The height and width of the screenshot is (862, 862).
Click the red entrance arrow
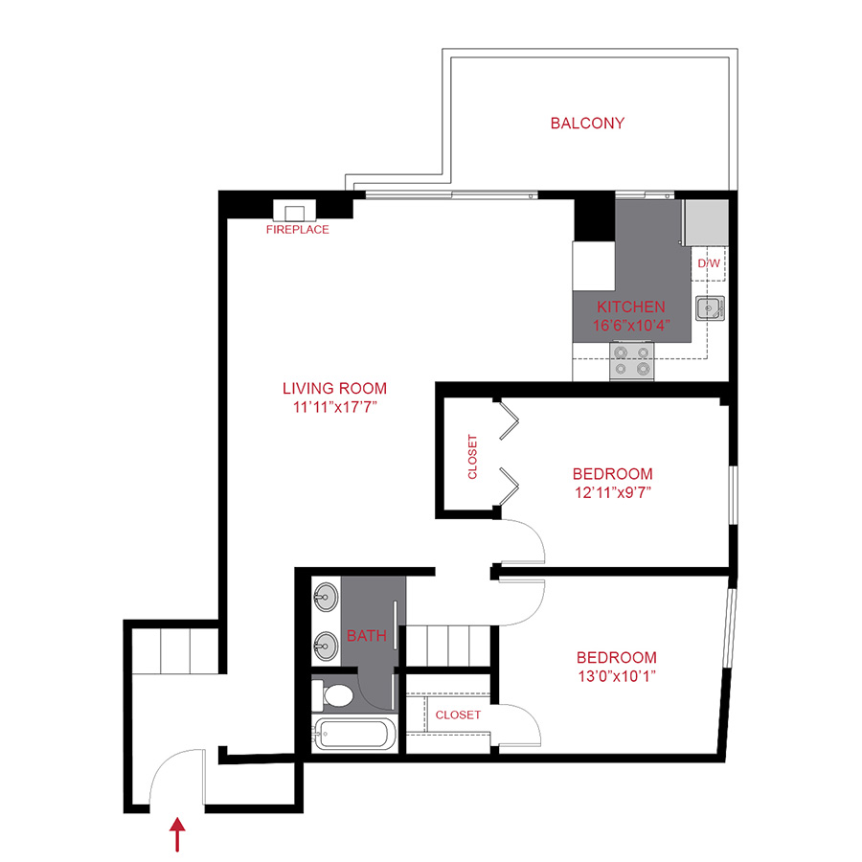[177, 835]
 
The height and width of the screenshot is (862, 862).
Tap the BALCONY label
[587, 124]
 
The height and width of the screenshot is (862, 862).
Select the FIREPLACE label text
[297, 230]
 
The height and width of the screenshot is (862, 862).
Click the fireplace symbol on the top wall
[294, 212]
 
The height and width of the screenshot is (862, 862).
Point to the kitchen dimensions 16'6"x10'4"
[630, 325]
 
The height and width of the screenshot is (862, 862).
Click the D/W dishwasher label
[709, 262]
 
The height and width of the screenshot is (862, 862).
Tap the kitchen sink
[710, 307]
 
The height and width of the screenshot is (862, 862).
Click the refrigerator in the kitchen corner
[704, 221]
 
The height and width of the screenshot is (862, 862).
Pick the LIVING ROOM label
[334, 388]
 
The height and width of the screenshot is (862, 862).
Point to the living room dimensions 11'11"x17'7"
[334, 407]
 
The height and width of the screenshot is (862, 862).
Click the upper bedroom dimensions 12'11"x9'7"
[612, 493]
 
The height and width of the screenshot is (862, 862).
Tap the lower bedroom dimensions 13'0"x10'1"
[616, 677]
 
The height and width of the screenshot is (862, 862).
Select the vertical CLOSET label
[472, 457]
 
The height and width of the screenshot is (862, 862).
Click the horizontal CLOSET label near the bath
[458, 715]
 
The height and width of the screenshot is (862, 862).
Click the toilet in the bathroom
[336, 694]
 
